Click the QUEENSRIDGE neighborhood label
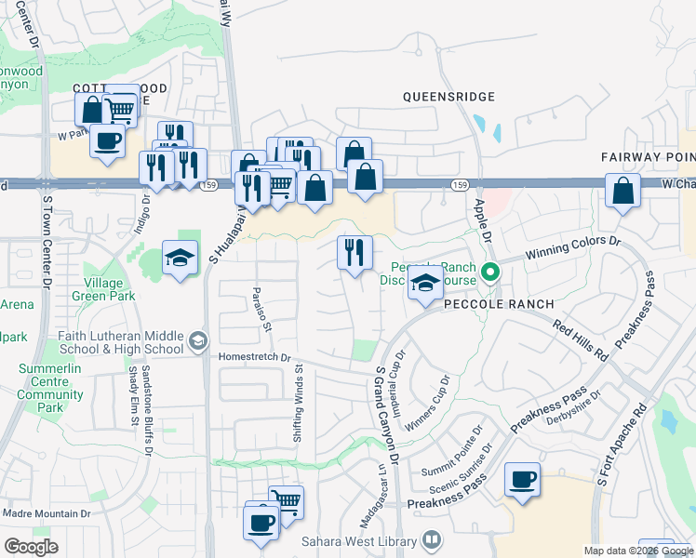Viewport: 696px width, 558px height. (448, 97)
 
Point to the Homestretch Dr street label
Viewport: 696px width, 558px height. (254, 356)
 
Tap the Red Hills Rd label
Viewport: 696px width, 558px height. (580, 341)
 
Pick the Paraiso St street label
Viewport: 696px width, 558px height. (261, 310)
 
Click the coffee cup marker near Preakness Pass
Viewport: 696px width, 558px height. (522, 480)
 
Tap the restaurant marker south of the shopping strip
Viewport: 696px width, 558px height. (355, 253)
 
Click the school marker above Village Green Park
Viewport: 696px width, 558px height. (180, 258)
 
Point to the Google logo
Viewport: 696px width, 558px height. (32, 547)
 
